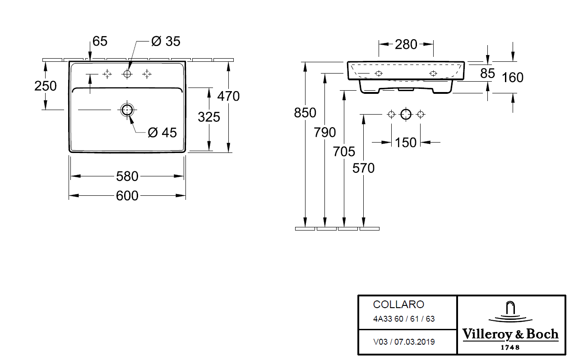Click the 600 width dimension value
pyautogui.click(x=127, y=196)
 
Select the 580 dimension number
pyautogui.click(x=127, y=176)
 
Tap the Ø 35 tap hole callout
pyautogui.click(x=166, y=41)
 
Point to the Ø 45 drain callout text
pyautogui.click(x=162, y=133)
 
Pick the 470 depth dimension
pyautogui.click(x=228, y=97)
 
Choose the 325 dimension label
pyautogui.click(x=209, y=117)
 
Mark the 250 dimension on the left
pyautogui.click(x=46, y=86)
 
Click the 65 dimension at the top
pyautogui.click(x=100, y=41)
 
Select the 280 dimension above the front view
pyautogui.click(x=406, y=45)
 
